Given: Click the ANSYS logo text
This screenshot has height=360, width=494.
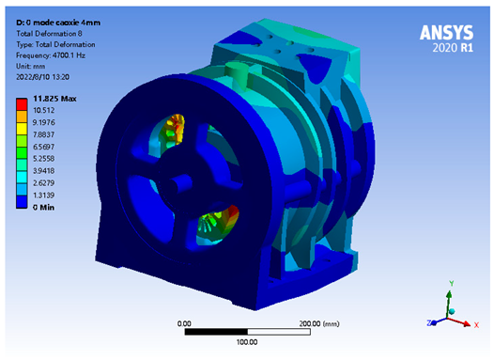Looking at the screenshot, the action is pos(446,33).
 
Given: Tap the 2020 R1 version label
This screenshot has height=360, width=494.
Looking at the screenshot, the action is pos(453,48).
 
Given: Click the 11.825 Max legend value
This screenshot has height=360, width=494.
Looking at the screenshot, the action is pos(54,99).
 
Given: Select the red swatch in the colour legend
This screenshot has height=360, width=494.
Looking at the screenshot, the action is pos(22,103).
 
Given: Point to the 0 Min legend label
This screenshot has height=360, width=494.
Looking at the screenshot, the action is pos(44,207).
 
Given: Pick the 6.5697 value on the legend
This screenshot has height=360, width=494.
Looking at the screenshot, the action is pos(44,147).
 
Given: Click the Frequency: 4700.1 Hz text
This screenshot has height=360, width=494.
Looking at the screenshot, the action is pos(51,55).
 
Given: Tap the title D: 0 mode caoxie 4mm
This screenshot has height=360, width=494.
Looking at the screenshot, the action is pos(58,23).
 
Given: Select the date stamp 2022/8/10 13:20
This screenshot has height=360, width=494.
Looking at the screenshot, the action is pos(43,77).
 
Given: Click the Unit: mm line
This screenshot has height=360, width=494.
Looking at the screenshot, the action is pos(31,66).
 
